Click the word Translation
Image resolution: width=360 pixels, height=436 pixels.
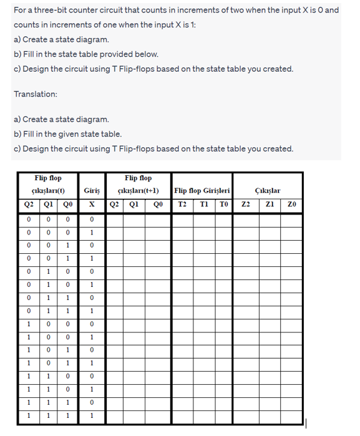(36, 94)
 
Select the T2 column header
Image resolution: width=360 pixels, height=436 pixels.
(182, 204)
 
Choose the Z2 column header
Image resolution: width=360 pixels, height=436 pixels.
(245, 204)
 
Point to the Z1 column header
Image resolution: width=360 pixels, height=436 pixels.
(269, 204)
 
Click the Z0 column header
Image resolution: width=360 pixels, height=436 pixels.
(292, 204)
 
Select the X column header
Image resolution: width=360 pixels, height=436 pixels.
(91, 204)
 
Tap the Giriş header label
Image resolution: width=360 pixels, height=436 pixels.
(92, 190)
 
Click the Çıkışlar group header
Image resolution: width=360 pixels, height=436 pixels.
(268, 190)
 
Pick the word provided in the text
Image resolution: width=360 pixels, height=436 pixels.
(122, 54)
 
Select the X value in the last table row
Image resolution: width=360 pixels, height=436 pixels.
(91, 415)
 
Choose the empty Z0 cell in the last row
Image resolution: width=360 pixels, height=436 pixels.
(292, 415)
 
